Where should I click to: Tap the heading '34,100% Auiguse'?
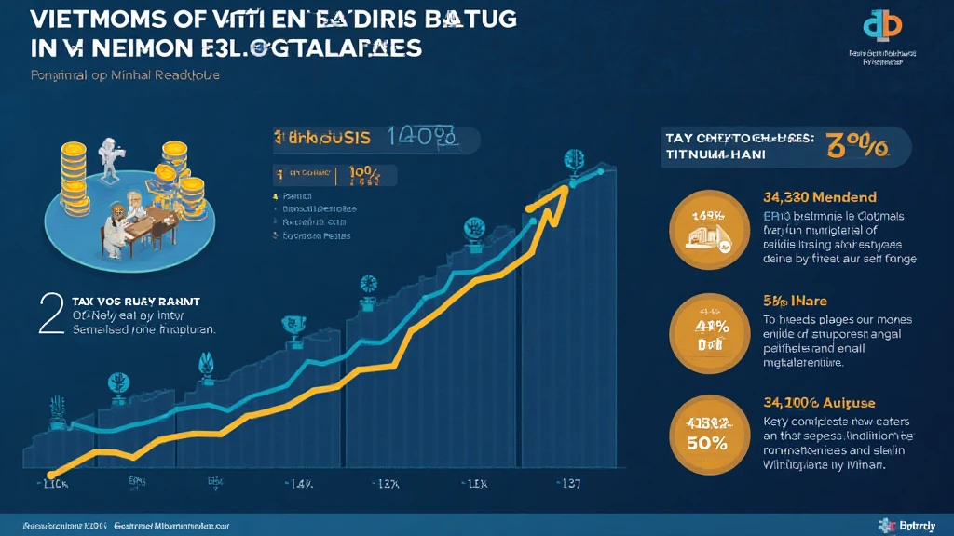(x=816, y=402)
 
